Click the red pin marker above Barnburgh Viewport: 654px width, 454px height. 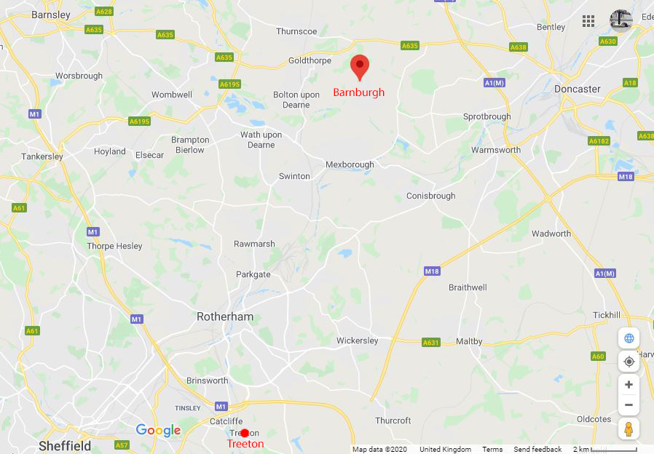point(359,66)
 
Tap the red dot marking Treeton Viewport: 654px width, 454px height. point(245,433)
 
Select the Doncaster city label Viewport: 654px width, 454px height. point(578,89)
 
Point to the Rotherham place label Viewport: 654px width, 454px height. point(225,316)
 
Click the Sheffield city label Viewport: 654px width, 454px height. point(65,445)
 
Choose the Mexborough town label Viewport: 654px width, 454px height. point(350,164)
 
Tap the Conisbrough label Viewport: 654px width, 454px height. point(430,196)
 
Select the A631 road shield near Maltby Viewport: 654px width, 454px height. point(431,342)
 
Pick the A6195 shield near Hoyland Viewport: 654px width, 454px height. point(140,121)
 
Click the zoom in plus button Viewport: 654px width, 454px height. point(629,384)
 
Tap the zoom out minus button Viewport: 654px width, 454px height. point(629,405)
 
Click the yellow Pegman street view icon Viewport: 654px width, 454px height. point(629,429)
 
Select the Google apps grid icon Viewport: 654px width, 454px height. point(588,21)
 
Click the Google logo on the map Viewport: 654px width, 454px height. point(158,431)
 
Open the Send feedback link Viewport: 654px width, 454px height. point(537,450)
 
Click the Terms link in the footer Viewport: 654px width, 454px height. point(492,450)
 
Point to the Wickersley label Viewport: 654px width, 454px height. point(358,340)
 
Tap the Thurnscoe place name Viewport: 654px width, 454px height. point(296,31)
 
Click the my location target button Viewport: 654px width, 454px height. point(629,362)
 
